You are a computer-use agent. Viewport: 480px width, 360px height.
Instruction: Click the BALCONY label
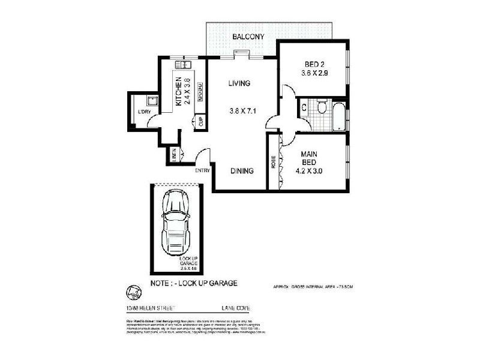click(x=250, y=37)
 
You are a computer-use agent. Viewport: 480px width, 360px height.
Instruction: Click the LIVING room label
click(x=238, y=83)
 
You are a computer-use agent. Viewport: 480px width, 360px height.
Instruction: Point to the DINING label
click(x=242, y=170)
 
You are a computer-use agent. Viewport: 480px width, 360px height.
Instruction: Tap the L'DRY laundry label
click(x=143, y=112)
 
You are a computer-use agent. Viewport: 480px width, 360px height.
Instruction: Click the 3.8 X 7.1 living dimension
click(x=242, y=110)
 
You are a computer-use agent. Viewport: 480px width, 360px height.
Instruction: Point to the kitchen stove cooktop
click(x=200, y=90)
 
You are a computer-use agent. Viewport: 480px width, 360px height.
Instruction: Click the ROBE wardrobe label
click(x=274, y=162)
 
